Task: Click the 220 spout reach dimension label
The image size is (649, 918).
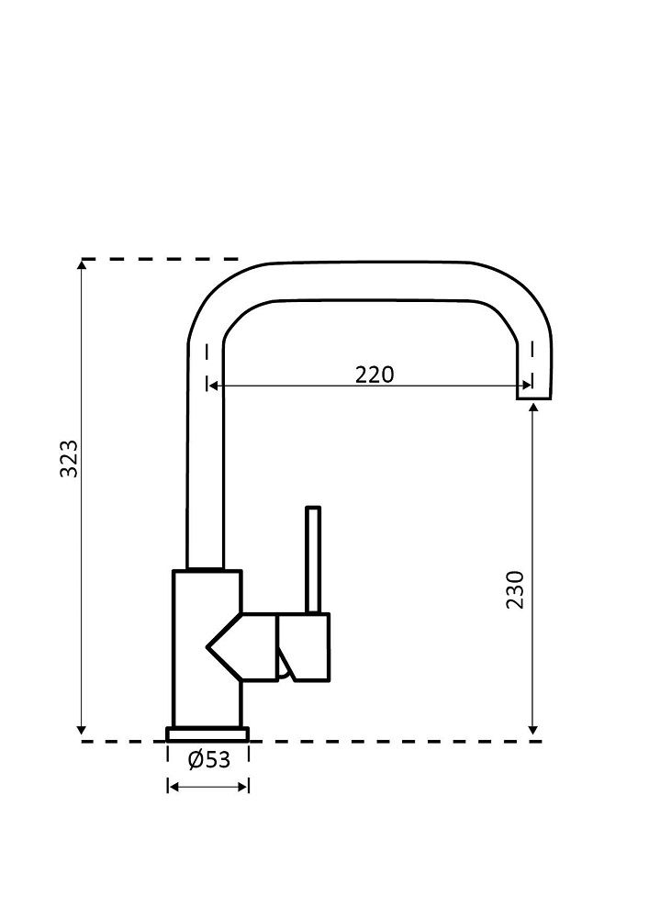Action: [x=375, y=375]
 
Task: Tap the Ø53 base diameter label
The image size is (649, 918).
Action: [x=208, y=760]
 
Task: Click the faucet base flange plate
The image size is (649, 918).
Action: [x=207, y=733]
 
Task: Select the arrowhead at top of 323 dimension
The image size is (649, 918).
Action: [x=83, y=265]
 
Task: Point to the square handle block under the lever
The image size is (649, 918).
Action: [x=304, y=647]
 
